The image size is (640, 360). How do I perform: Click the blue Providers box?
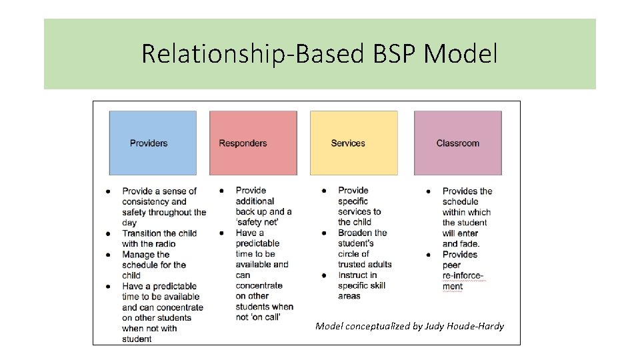point(153,143)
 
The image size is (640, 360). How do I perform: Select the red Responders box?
point(253,143)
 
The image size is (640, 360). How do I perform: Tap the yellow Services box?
point(353,143)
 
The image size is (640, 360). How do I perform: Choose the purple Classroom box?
point(457,143)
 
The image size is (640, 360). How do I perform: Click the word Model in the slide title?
point(461,53)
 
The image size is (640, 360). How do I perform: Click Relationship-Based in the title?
point(252,53)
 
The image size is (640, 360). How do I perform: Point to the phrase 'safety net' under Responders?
point(257,222)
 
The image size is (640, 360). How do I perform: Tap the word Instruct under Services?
point(357,275)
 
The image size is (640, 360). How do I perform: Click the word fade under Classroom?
point(470,244)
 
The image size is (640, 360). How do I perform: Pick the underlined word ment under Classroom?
point(453,287)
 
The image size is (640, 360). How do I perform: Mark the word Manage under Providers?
point(138,255)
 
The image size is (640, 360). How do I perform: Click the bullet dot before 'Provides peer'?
point(427,255)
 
